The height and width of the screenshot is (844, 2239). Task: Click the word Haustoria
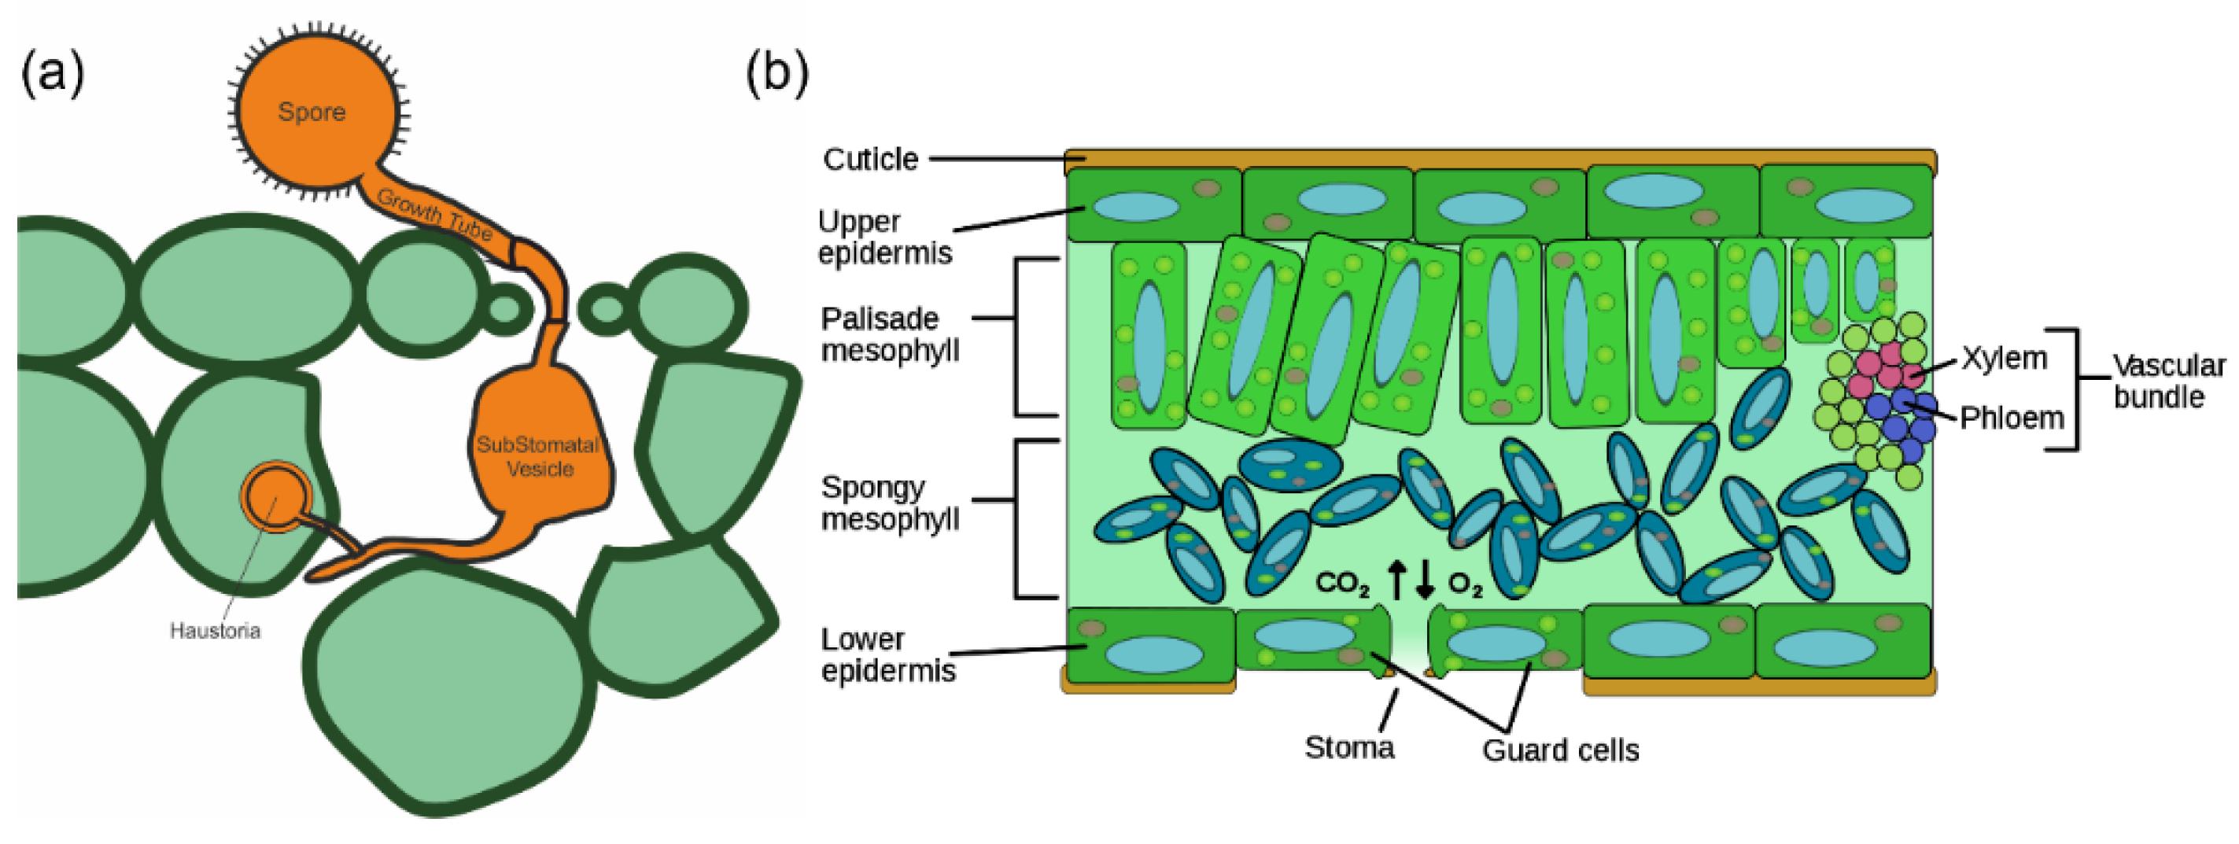pos(215,631)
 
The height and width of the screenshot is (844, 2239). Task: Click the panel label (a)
pos(52,72)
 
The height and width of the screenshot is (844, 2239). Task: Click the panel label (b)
pos(776,72)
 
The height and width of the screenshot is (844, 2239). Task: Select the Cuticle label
pos(870,160)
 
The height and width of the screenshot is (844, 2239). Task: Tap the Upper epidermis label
pos(884,238)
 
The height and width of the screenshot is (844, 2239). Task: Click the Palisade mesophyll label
pos(889,334)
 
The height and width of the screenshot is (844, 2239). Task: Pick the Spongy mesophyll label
pos(889,503)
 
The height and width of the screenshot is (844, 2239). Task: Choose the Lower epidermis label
pos(887,655)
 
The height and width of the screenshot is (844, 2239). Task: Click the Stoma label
pos(1348,747)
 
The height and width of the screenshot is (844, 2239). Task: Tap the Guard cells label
pos(1560,750)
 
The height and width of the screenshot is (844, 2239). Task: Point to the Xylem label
pos(2004,358)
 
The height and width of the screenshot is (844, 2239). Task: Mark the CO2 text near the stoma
pos(1341,583)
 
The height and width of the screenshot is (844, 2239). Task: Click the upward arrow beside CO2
pos(1396,580)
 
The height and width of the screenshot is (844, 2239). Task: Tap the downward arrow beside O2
pos(1425,580)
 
